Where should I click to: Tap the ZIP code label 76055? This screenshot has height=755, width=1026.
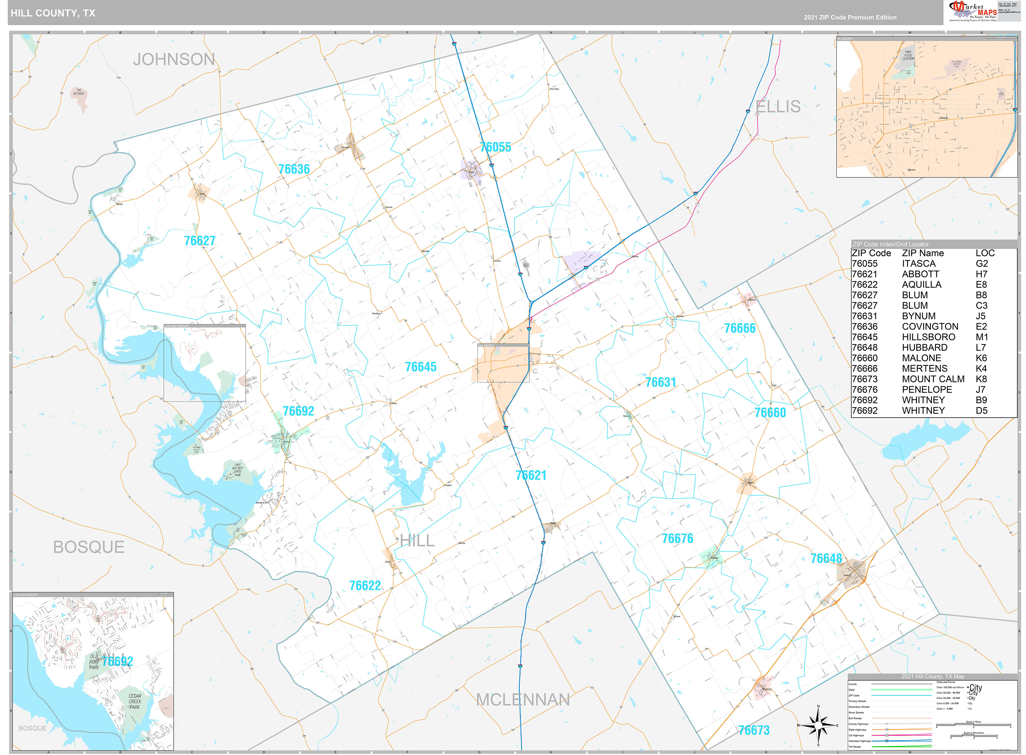495,147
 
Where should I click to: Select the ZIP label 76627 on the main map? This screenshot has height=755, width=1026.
199,241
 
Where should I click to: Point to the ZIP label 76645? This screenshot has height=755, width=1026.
421,367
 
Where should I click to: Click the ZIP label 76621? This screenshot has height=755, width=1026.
531,475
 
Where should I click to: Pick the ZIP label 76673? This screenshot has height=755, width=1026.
754,730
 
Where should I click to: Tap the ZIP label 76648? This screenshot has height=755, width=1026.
826,558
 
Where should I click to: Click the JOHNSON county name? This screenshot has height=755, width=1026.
174,60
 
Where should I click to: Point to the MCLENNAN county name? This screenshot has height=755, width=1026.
523,700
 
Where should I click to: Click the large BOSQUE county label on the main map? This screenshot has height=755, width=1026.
89,547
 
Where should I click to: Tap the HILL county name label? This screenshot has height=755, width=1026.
417,541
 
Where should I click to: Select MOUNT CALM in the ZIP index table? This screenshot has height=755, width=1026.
933,379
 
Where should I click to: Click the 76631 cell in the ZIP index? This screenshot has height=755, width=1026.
864,316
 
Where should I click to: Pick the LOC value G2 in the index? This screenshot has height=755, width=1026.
981,264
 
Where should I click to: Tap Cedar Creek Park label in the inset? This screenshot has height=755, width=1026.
134,702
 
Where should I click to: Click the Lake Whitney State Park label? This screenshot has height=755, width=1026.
237,470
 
